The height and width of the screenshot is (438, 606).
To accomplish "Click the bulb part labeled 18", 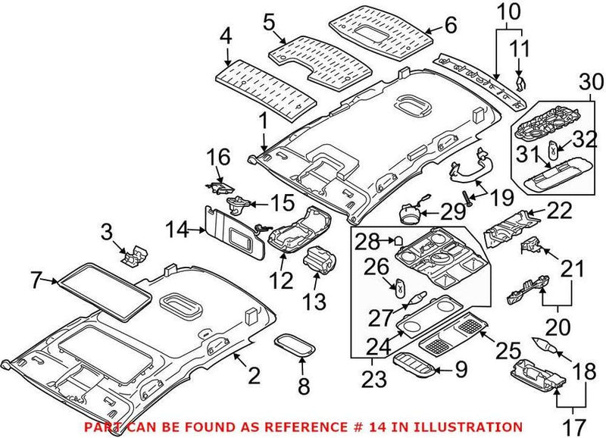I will click(547, 345).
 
